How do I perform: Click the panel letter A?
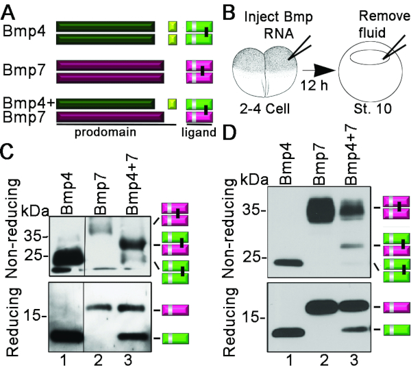click(9, 9)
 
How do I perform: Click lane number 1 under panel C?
click(64, 359)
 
